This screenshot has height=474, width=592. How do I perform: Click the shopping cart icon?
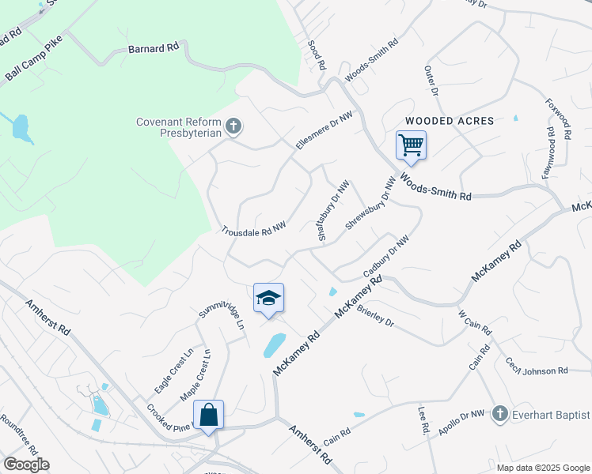click(x=411, y=145)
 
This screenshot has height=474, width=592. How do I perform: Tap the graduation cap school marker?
click(x=268, y=299)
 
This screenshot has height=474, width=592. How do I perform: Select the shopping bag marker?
click(x=208, y=415)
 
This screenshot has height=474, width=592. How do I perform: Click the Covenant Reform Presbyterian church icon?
click(x=233, y=126)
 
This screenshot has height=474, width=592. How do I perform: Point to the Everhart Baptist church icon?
click(x=499, y=414)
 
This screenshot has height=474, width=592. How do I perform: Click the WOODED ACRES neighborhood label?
click(x=450, y=121)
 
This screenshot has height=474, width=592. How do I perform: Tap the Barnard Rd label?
click(x=154, y=48)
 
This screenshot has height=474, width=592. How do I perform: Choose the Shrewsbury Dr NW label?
click(x=370, y=204)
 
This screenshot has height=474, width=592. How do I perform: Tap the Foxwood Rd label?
click(x=557, y=119)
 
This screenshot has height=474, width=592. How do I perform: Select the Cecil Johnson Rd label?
click(x=537, y=366)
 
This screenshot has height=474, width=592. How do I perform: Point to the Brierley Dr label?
click(x=375, y=317)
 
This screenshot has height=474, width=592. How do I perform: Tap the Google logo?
click(x=26, y=465)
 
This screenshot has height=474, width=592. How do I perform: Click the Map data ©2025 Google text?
click(x=542, y=467)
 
